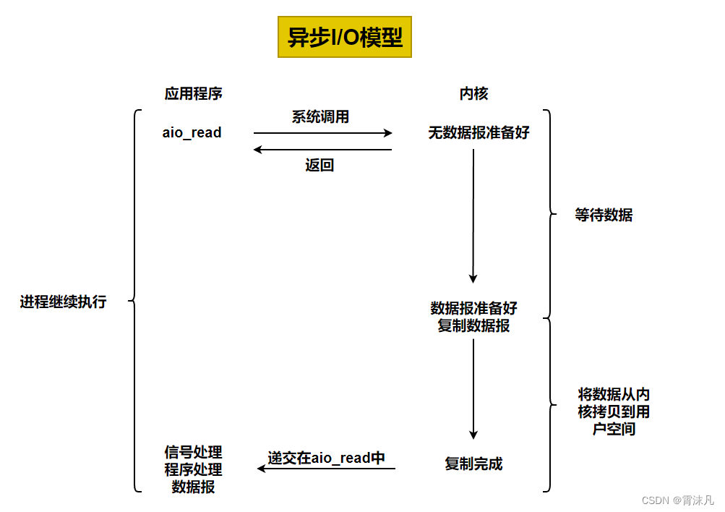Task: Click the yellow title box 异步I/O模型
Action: [x=344, y=38]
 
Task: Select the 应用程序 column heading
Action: [x=193, y=94]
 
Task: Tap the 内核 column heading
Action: [x=473, y=94]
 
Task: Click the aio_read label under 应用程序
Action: [x=192, y=133]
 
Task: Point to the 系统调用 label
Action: [x=320, y=117]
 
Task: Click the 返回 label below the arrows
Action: [x=319, y=166]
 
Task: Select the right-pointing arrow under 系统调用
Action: [x=322, y=133]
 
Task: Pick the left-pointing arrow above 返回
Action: [x=322, y=150]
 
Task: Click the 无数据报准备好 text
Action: [x=479, y=133]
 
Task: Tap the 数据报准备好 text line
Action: [x=473, y=308]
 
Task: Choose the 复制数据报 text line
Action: [x=473, y=325]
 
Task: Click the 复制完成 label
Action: [x=473, y=464]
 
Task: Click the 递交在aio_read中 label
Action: [x=327, y=457]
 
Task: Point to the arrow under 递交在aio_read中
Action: [x=327, y=469]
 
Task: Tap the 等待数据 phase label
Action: [x=604, y=215]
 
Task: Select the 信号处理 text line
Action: [x=193, y=453]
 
